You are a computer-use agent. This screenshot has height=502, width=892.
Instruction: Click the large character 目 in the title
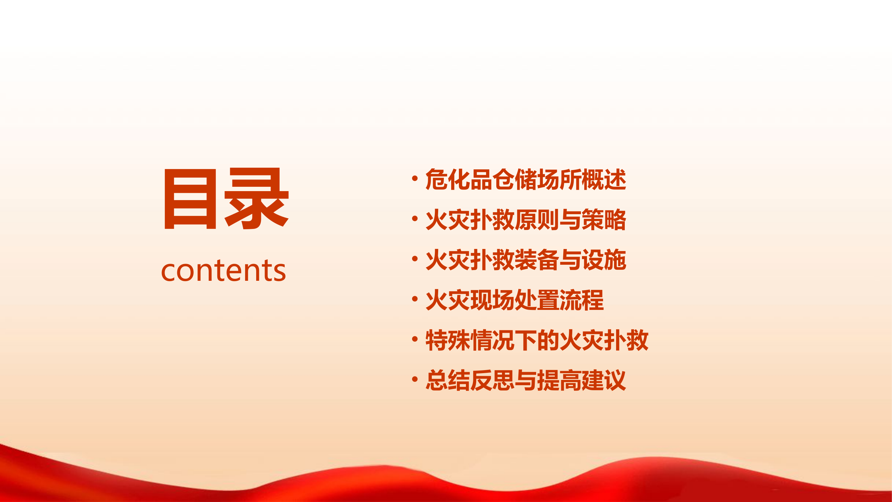[x=190, y=199]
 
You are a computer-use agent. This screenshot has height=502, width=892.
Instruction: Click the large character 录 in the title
[x=257, y=199]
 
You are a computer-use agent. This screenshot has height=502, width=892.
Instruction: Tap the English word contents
[x=224, y=270]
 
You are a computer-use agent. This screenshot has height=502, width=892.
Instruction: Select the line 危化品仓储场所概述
[x=525, y=179]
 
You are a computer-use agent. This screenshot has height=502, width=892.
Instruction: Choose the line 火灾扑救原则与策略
[x=525, y=220]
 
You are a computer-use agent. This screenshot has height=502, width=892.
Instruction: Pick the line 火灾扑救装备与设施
[x=525, y=260]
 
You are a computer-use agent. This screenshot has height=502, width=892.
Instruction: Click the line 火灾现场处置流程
[x=514, y=300]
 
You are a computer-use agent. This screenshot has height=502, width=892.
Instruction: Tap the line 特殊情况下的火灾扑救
[x=537, y=340]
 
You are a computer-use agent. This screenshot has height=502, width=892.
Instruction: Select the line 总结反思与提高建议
[x=525, y=381]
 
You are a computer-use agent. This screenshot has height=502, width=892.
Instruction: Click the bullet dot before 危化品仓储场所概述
[x=414, y=178]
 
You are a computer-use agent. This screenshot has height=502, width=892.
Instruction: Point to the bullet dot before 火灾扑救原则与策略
[x=414, y=219]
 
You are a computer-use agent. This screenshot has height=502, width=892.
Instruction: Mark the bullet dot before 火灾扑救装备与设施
[x=414, y=259]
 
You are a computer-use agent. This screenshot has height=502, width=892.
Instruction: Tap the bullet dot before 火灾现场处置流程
[x=414, y=299]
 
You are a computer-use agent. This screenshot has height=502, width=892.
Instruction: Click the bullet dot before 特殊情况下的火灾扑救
[x=414, y=339]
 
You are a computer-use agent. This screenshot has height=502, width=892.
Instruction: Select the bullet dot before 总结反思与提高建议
[x=414, y=380]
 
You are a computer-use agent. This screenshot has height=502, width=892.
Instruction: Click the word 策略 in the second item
[x=604, y=220]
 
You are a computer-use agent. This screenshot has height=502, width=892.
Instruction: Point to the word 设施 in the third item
[x=604, y=260]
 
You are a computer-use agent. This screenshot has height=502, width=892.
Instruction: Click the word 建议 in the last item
[x=604, y=381]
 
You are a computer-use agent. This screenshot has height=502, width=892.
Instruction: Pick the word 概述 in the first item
[x=604, y=179]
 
